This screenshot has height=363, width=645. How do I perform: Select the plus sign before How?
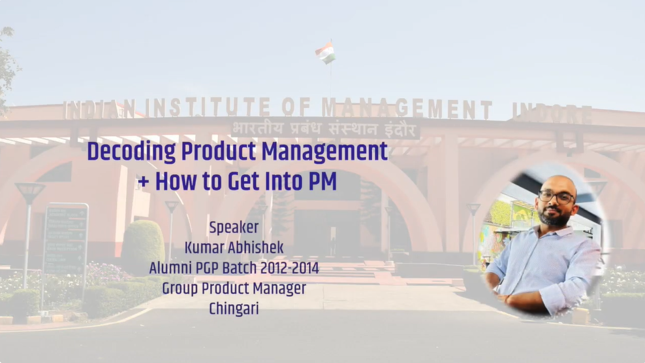[x=143, y=182]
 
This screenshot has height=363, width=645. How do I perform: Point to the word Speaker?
[x=234, y=228]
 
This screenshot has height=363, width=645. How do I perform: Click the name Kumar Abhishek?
[x=234, y=248]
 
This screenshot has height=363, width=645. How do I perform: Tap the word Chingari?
[x=234, y=309]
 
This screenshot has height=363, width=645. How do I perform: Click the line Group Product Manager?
[x=234, y=288]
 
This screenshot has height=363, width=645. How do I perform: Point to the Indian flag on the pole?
[x=325, y=53]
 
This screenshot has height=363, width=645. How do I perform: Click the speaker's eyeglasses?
[x=556, y=196]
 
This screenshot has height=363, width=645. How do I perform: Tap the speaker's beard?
[x=556, y=216]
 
